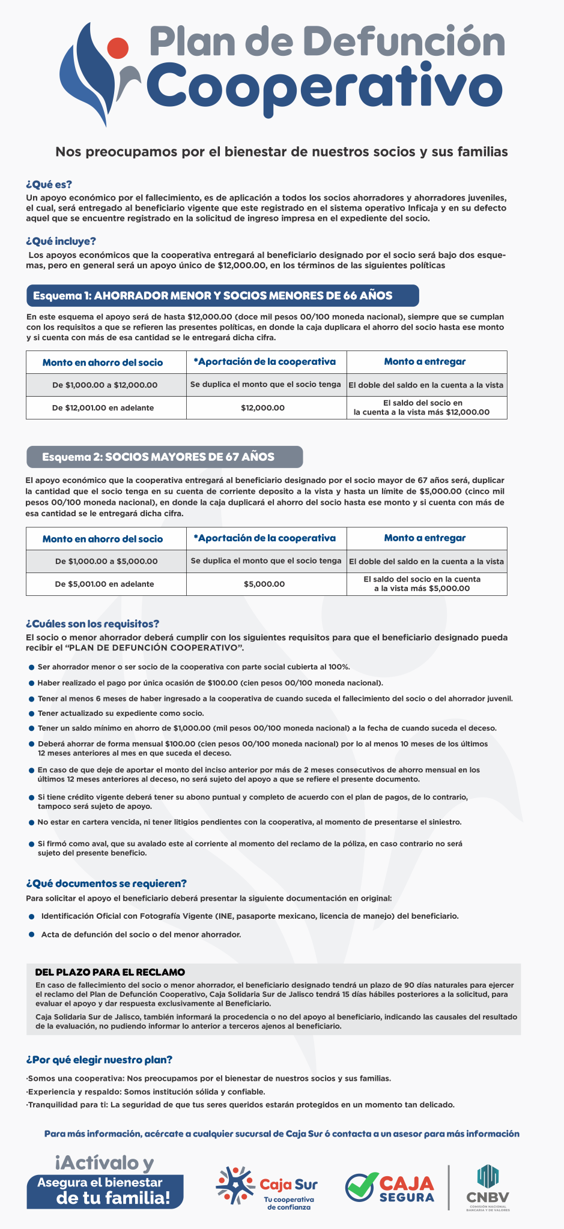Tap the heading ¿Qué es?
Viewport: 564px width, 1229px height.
click(49, 184)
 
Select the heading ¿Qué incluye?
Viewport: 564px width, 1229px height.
click(61, 241)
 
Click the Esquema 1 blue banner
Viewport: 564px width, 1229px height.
click(222, 295)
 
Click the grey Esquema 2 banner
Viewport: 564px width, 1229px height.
click(165, 457)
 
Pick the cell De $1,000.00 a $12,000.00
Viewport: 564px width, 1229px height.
click(106, 385)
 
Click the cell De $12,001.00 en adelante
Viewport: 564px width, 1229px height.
click(103, 407)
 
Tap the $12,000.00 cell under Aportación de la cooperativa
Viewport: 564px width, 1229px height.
click(262, 408)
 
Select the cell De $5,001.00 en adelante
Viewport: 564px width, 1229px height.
click(103, 584)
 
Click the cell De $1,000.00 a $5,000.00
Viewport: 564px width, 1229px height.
click(106, 561)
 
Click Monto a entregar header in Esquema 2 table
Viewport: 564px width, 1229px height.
click(425, 538)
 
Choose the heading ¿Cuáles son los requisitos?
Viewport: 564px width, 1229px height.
click(92, 624)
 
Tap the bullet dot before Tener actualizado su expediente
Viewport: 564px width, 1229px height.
click(31, 714)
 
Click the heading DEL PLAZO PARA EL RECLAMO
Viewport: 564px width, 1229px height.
click(110, 972)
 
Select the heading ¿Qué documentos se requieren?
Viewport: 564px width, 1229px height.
click(106, 883)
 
